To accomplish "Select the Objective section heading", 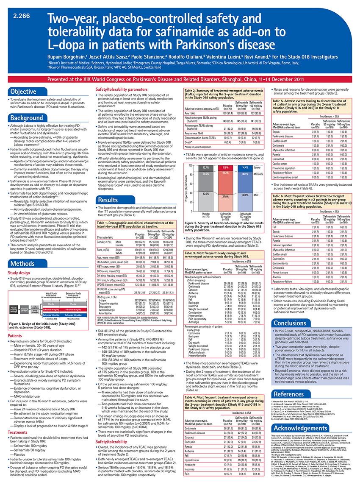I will pos(23,92).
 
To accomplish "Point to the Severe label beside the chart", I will pos(259,168).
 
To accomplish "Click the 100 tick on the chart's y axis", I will pos(191,165).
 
